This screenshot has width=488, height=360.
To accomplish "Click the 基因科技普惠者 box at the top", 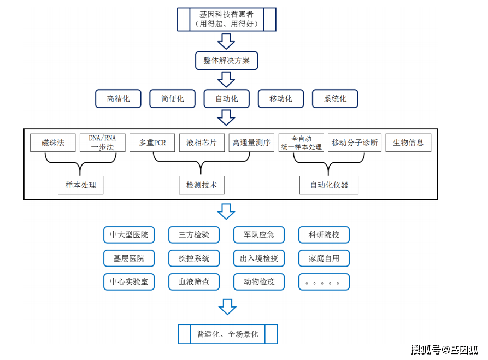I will click(226, 19).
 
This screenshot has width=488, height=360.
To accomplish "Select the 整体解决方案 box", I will click(226, 61).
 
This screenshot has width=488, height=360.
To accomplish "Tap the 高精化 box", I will click(118, 99).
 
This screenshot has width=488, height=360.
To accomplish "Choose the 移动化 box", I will click(281, 99).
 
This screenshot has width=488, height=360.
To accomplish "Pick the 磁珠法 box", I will click(53, 143).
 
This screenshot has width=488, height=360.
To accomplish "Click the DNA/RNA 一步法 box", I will click(102, 143).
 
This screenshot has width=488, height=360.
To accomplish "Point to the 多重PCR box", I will click(152, 143).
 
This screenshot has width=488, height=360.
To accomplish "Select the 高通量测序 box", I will click(251, 143).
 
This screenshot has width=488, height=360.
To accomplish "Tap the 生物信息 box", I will click(408, 143).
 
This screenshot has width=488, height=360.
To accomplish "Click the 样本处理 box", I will click(81, 185).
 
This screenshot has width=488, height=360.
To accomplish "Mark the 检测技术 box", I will click(202, 185).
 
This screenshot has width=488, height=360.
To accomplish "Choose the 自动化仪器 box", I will click(329, 185).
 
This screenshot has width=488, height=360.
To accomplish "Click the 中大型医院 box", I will click(129, 235).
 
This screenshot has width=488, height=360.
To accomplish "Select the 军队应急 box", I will click(259, 235).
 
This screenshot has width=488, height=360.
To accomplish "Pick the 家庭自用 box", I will click(324, 258).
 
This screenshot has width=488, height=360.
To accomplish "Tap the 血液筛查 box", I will click(194, 282).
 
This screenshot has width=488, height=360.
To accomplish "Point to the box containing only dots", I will click(324, 282).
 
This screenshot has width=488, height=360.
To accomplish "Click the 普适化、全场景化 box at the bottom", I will click(227, 334).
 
